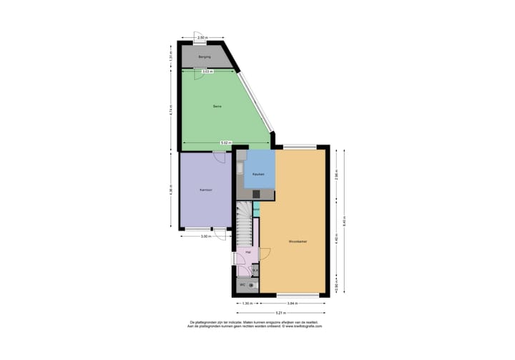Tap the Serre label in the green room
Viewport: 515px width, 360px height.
(x=217, y=107)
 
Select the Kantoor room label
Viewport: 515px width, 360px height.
(x=205, y=190)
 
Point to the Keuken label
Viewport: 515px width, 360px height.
(x=258, y=174)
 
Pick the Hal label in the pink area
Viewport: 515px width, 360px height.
(x=247, y=253)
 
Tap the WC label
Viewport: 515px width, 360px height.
(x=242, y=285)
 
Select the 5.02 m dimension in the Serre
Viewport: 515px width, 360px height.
(x=225, y=142)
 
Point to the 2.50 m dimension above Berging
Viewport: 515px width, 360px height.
(x=202, y=37)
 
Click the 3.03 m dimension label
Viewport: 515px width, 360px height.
(x=206, y=71)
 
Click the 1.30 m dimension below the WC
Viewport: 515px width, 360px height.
(x=247, y=303)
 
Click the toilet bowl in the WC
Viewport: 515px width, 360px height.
(x=251, y=285)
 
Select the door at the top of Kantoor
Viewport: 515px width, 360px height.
(x=219, y=157)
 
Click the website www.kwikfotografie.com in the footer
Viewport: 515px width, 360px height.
(x=300, y=326)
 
